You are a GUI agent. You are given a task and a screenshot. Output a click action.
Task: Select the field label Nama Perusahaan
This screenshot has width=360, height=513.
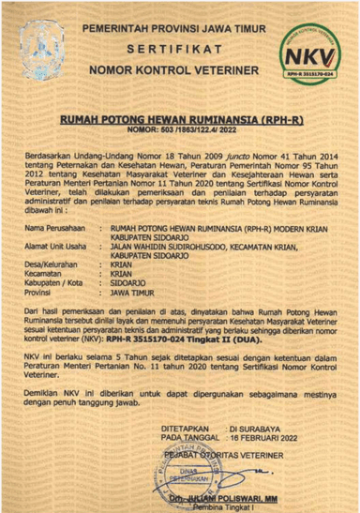[50, 227]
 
